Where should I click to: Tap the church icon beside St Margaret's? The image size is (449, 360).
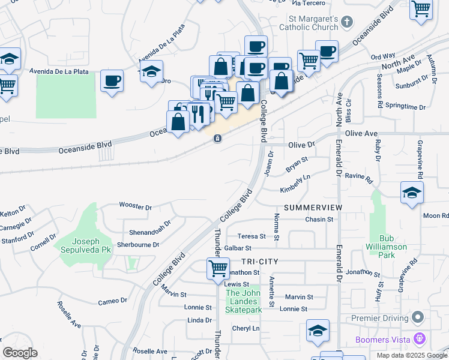click(346, 23)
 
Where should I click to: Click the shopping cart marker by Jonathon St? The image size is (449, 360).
click(218, 268)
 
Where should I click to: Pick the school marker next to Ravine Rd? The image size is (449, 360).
click(412, 193)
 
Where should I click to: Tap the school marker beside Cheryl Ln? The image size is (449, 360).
click(318, 331)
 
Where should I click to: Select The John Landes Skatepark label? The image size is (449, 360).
click(244, 301)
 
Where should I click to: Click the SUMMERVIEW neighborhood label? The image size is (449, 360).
click(313, 208)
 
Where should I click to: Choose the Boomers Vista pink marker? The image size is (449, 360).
click(419, 340)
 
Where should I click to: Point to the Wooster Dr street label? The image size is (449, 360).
click(136, 206)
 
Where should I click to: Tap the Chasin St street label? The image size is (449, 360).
click(319, 220)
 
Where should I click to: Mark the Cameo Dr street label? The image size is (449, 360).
click(113, 301)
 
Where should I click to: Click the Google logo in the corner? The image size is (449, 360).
click(20, 353)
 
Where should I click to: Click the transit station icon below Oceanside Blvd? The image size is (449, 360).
click(217, 139)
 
